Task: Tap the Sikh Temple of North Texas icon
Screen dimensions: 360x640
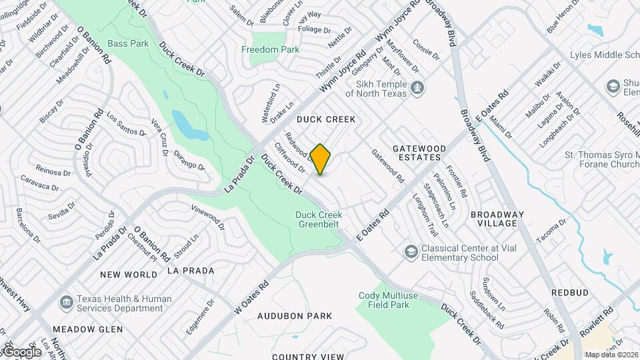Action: coord(417,87)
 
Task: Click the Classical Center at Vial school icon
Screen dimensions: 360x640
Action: coord(411,251)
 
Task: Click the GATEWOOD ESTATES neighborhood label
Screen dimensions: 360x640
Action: coord(417,152)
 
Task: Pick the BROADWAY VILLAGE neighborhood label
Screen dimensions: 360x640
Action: coord(497,219)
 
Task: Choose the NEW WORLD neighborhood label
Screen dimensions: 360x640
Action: coord(129,274)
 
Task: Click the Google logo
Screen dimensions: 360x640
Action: coord(21,351)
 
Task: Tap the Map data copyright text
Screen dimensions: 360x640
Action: coord(610,354)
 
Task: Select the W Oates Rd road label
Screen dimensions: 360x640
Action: coord(251,297)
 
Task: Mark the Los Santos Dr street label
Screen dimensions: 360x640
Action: coord(127,123)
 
